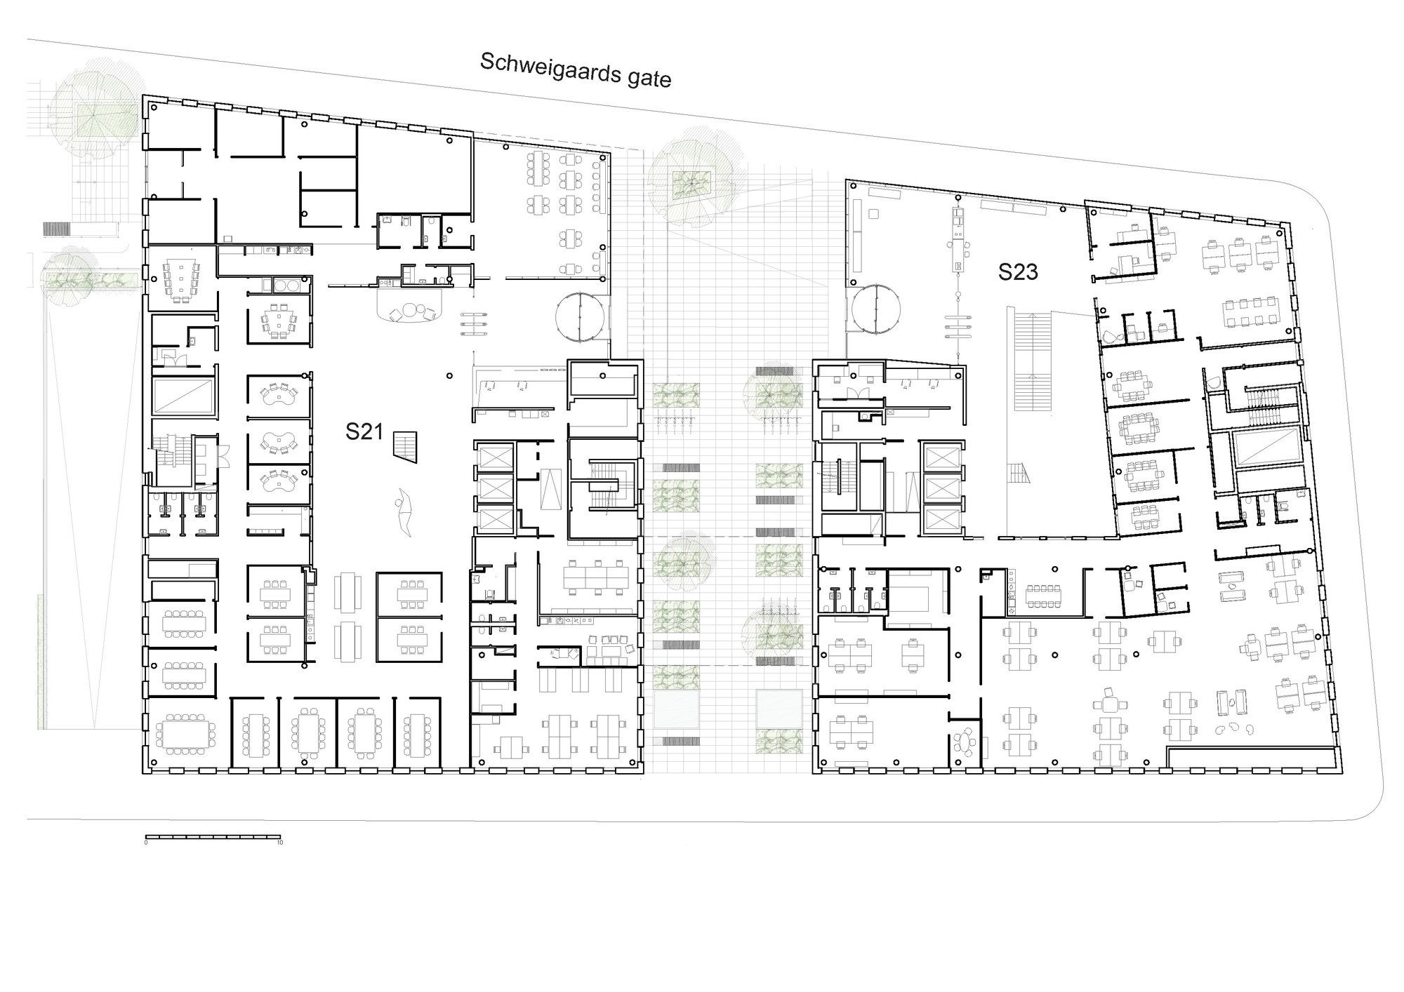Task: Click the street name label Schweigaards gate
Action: (576, 70)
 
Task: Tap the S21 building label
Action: (364, 431)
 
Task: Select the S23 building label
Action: (1018, 272)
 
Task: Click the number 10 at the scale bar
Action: (279, 843)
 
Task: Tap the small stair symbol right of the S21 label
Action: (405, 446)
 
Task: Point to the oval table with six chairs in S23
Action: (966, 741)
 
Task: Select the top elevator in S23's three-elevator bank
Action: (940, 457)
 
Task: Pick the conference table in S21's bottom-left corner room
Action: (185, 734)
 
